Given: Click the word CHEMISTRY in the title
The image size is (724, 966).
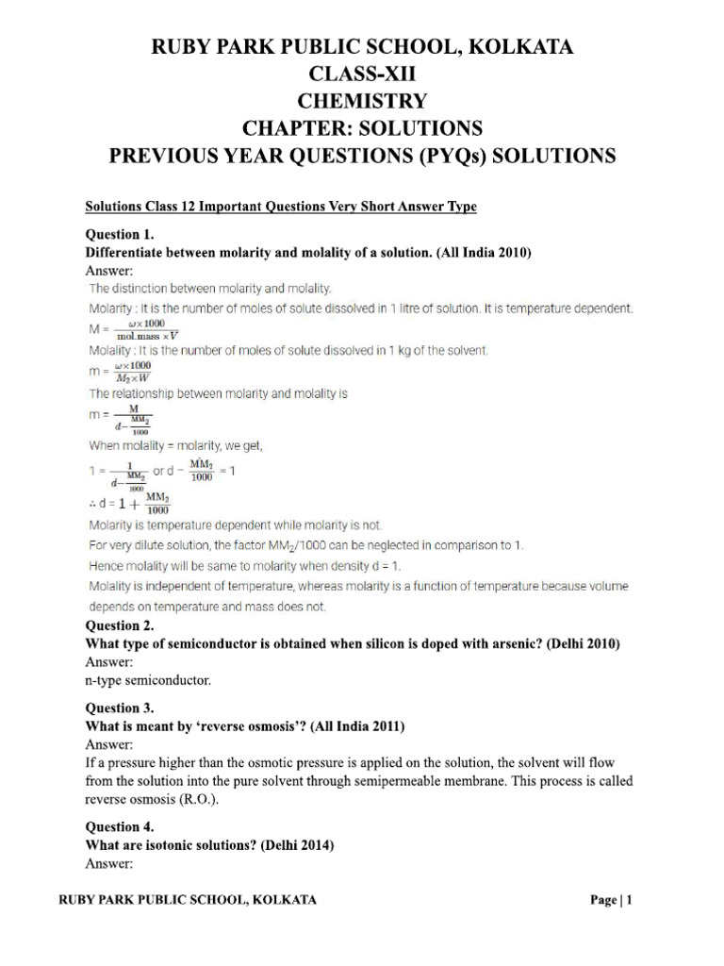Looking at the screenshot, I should pyautogui.click(x=362, y=100).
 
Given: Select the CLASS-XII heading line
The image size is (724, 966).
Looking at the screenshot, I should pyautogui.click(x=362, y=74).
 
